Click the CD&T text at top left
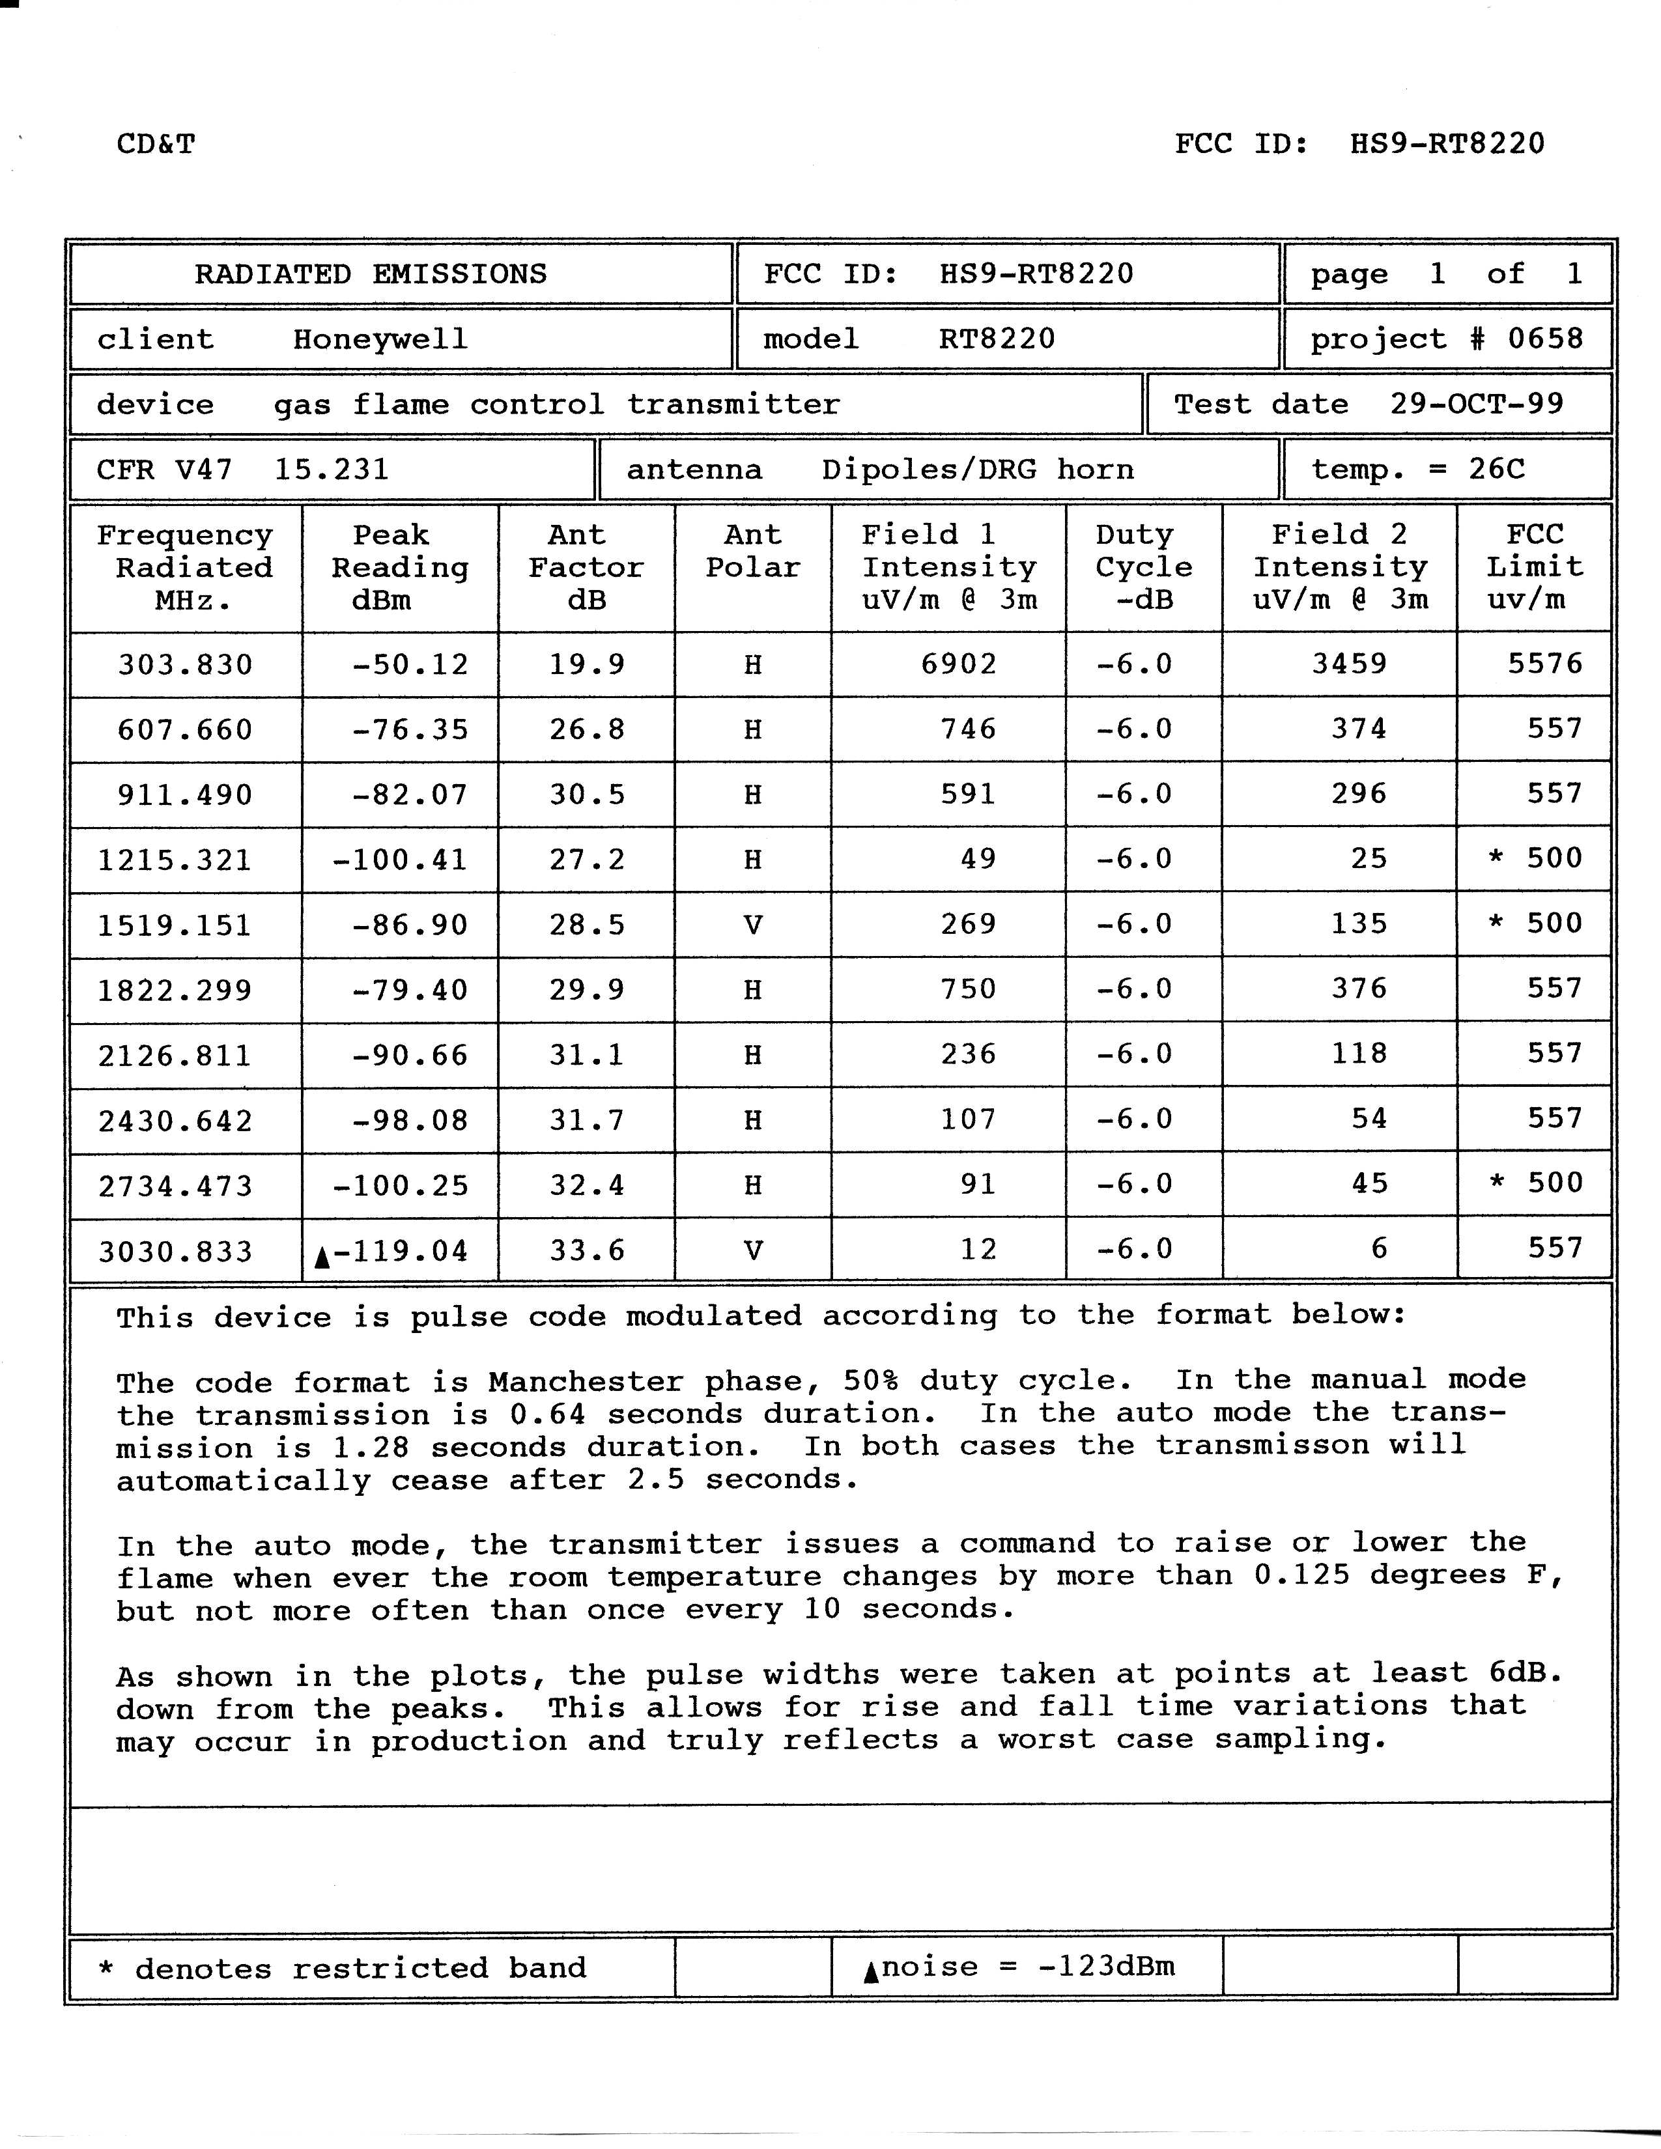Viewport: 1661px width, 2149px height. [x=156, y=145]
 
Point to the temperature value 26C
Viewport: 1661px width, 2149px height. [x=1497, y=470]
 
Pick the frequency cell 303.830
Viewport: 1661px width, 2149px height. [x=185, y=665]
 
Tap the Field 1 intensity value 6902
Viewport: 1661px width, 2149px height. [x=958, y=664]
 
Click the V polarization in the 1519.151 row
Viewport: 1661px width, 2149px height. [x=753, y=925]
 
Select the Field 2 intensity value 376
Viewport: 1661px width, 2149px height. [x=1359, y=989]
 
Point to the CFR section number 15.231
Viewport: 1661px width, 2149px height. [x=331, y=470]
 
